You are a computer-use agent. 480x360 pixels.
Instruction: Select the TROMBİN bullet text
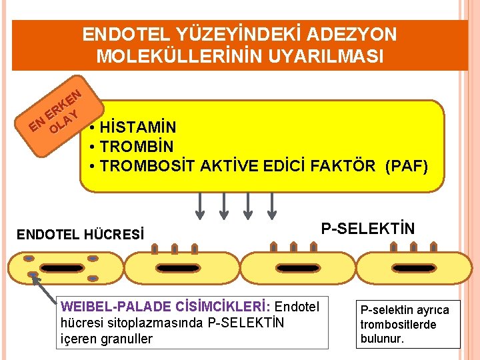136,146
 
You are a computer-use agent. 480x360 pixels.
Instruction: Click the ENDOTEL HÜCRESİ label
80,235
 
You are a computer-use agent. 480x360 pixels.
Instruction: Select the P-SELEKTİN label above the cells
367,229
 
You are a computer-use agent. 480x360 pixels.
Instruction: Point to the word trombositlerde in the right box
398,325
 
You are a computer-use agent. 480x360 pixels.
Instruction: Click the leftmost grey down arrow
199,205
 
